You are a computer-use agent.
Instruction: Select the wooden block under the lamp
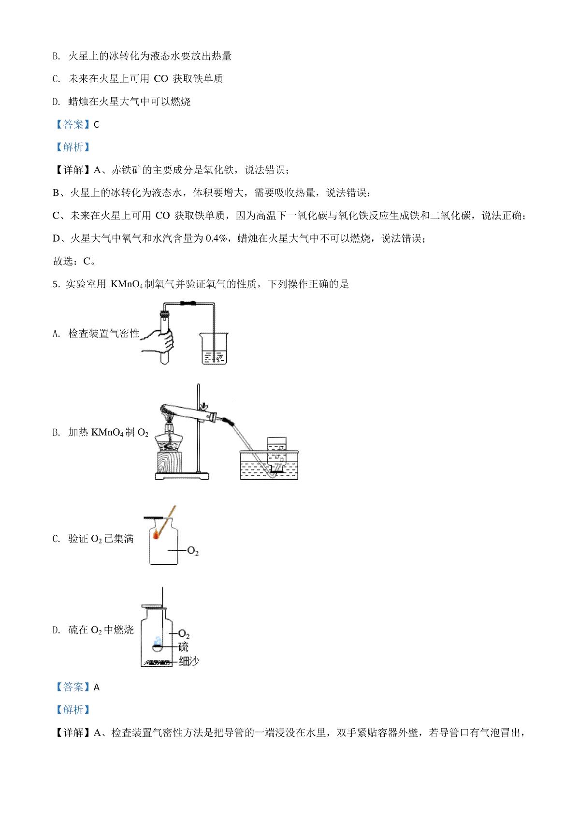(169, 462)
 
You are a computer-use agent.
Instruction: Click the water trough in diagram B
(269, 465)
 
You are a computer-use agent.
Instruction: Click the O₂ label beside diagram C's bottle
(193, 551)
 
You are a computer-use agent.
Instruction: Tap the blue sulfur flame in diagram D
(158, 641)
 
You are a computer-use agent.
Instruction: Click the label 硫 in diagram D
(183, 647)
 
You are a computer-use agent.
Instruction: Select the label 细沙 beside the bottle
(189, 661)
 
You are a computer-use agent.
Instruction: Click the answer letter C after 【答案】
(96, 125)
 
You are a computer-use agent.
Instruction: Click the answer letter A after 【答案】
(96, 687)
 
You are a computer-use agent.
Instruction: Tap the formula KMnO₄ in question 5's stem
(127, 284)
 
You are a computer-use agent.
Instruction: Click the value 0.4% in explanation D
(217, 238)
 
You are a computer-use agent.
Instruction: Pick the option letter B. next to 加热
(56, 432)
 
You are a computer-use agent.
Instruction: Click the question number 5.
(56, 284)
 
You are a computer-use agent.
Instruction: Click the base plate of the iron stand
(182, 476)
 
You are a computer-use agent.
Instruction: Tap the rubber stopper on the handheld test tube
(164, 314)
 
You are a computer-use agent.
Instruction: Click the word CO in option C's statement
(161, 79)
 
